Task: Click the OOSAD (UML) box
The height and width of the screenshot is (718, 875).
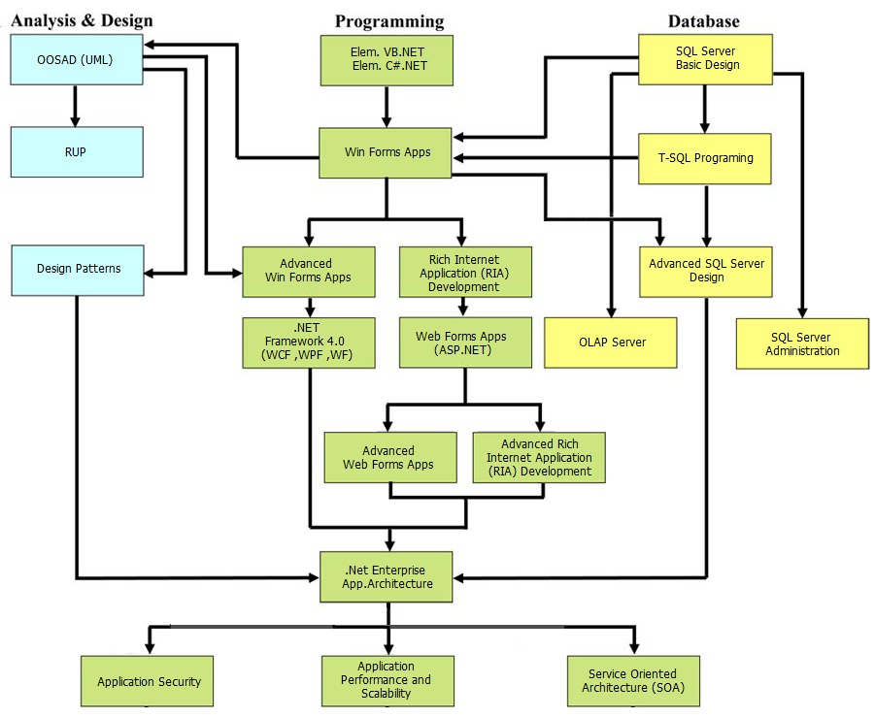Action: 76,60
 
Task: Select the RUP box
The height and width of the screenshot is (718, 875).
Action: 76,151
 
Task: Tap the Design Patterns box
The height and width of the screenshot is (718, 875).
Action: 78,269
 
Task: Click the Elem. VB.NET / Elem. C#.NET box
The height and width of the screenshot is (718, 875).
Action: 387,60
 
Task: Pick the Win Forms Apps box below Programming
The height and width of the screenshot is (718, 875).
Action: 387,152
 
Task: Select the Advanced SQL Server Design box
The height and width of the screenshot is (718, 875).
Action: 706,271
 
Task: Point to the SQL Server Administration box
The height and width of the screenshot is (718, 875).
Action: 802,343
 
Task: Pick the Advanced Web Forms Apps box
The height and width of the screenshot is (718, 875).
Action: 389,457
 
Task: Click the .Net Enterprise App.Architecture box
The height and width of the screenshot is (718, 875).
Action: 387,576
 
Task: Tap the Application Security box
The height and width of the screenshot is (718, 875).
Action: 148,681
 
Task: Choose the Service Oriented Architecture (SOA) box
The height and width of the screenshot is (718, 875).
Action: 632,681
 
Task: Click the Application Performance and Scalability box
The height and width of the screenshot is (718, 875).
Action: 387,680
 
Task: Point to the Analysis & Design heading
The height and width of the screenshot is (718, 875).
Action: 82,20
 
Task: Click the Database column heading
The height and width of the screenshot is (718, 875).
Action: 703,20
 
